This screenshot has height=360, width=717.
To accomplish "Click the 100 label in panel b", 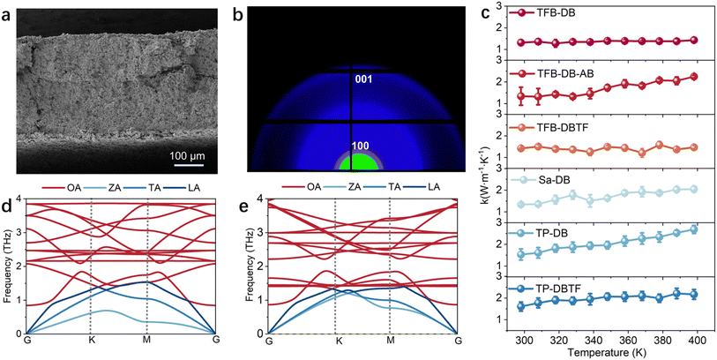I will coord(352,145).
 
